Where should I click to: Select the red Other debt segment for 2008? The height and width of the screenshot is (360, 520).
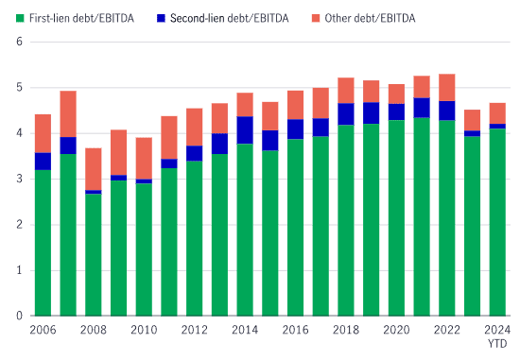93,168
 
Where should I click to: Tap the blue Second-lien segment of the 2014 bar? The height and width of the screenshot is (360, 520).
244,130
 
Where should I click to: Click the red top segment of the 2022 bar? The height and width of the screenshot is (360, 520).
446,87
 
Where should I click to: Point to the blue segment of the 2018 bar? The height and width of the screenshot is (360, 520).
345,114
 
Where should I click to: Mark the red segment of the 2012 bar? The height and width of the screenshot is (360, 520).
194,127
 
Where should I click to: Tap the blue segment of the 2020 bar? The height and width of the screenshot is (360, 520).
396,111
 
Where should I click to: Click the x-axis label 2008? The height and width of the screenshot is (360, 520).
93,329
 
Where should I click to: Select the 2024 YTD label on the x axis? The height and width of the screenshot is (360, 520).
496,334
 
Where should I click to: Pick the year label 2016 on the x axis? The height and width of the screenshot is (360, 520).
295,329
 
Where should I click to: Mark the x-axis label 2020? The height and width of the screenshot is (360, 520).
396,329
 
